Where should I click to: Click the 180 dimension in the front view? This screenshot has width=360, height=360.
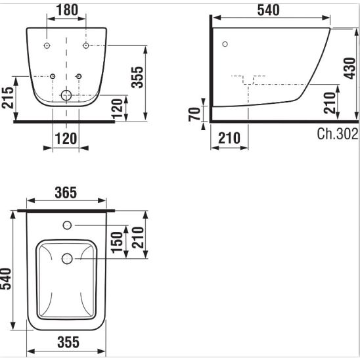(x=67, y=10)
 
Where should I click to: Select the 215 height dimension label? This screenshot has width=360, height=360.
(x=8, y=98)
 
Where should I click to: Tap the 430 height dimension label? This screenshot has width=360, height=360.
(x=349, y=68)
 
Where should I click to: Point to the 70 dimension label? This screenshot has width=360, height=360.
(x=194, y=114)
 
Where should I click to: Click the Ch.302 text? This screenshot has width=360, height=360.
(x=338, y=133)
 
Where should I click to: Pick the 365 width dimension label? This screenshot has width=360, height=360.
(x=66, y=192)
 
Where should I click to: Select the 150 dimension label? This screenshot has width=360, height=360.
(x=117, y=242)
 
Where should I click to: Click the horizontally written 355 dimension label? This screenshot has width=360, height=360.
(x=68, y=342)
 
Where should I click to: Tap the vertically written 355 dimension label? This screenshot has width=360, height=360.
(x=137, y=77)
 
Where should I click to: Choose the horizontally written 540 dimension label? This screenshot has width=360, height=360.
(x=269, y=10)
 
